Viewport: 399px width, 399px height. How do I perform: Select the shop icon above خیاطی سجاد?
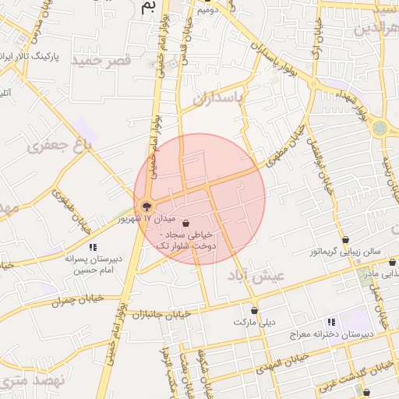185,222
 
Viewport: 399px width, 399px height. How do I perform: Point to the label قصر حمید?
97,59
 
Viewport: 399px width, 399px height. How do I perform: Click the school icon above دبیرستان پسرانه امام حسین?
93,247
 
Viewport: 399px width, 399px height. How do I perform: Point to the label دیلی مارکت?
256,321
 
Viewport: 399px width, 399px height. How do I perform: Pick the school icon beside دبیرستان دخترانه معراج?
331,322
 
